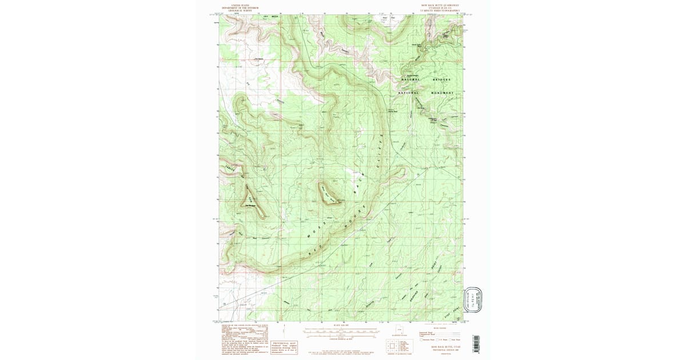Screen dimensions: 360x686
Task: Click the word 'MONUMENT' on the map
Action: tap(441, 93)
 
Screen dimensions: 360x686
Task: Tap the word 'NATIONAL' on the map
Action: tap(409, 93)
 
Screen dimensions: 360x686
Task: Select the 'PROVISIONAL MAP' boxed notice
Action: tap(284, 349)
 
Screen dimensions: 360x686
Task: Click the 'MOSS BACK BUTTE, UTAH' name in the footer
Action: tap(441, 346)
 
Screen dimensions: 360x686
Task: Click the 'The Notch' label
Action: tap(259, 58)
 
